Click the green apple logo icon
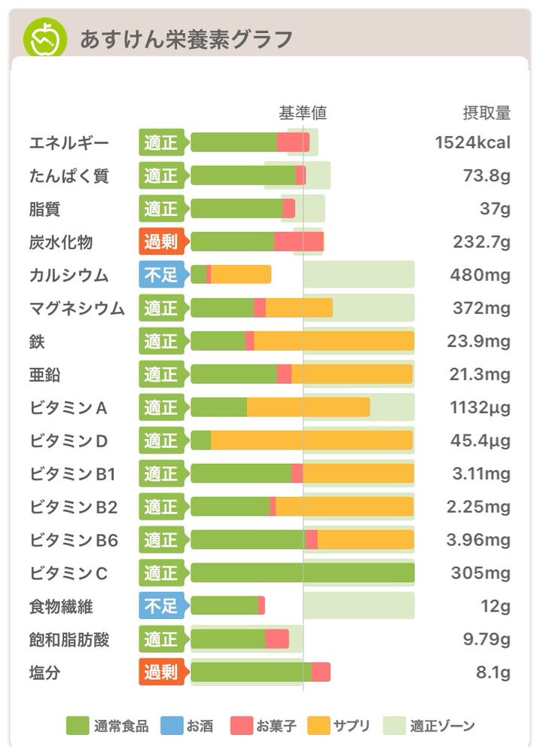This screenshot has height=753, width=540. pyautogui.click(x=45, y=38)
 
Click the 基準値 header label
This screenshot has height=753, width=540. pyautogui.click(x=303, y=113)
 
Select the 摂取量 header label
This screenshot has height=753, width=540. pyautogui.click(x=487, y=113)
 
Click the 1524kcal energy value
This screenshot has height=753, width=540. pyautogui.click(x=473, y=142)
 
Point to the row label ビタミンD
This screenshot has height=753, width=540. pyautogui.click(x=69, y=441)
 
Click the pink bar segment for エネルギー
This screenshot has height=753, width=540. pyautogui.click(x=293, y=142)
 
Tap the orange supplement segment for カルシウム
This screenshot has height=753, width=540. pyautogui.click(x=241, y=275)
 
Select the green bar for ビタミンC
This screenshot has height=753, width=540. pyautogui.click(x=302, y=573)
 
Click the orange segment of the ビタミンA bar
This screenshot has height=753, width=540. pyautogui.click(x=308, y=407)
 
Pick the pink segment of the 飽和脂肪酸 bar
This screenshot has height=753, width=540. pyautogui.click(x=277, y=639)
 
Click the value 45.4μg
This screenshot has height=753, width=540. pyautogui.click(x=478, y=441)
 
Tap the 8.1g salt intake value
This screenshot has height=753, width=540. pyautogui.click(x=493, y=672)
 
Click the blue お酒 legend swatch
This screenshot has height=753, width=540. pyautogui.click(x=174, y=726)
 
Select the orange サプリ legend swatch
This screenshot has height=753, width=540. pyautogui.click(x=319, y=726)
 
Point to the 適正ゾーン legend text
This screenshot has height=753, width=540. pyautogui.click(x=442, y=726)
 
